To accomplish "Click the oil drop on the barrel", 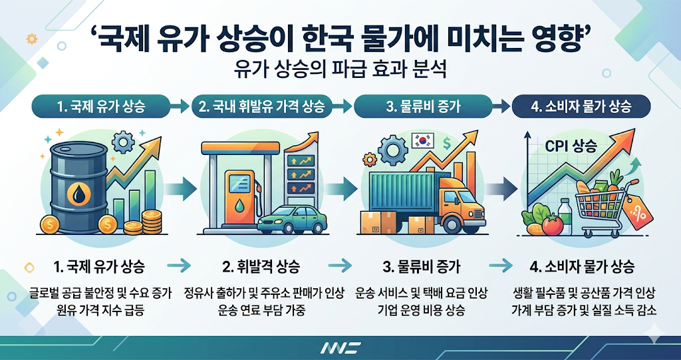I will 79,194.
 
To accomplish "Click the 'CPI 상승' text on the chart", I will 570,145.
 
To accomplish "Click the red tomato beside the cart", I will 552,224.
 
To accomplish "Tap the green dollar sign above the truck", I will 448,142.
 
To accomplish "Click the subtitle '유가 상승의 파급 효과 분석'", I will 340,69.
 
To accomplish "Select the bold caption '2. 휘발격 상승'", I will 261,268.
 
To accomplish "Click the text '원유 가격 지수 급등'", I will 100,309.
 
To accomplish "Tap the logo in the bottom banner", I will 340,347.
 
